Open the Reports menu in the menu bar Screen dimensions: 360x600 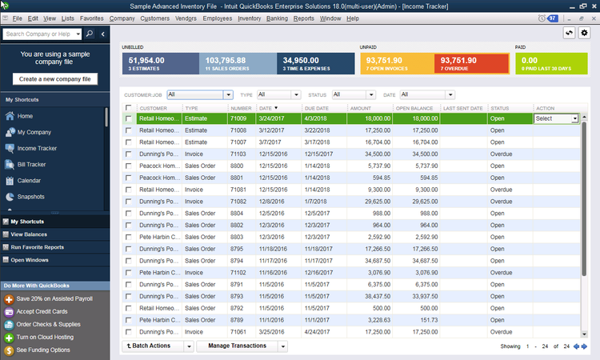(x=303, y=18)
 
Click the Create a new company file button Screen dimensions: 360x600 (x=54, y=78)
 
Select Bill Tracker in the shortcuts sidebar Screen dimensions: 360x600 (x=31, y=164)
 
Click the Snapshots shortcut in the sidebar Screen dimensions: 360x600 (x=30, y=196)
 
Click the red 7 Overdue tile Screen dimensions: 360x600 (x=470, y=63)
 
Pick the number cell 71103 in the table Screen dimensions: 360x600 (x=238, y=153)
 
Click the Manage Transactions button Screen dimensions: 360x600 (x=241, y=346)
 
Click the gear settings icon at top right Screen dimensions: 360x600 (x=584, y=33)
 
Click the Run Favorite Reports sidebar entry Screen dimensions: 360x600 (x=38, y=247)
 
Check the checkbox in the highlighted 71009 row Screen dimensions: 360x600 (x=129, y=118)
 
